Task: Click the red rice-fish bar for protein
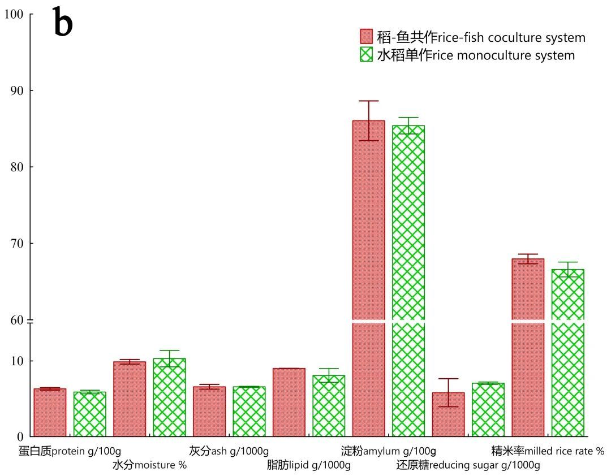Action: click(50, 412)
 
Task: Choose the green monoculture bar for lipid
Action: click(329, 405)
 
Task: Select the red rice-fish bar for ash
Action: click(209, 411)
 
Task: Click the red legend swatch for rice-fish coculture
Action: click(367, 37)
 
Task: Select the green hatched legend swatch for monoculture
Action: click(367, 55)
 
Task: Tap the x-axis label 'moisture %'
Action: click(149, 465)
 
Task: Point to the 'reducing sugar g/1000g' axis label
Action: click(468, 465)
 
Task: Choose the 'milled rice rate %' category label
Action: click(548, 451)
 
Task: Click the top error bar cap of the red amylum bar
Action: click(368, 101)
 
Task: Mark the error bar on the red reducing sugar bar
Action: click(448, 392)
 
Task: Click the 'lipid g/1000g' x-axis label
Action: click(309, 465)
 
